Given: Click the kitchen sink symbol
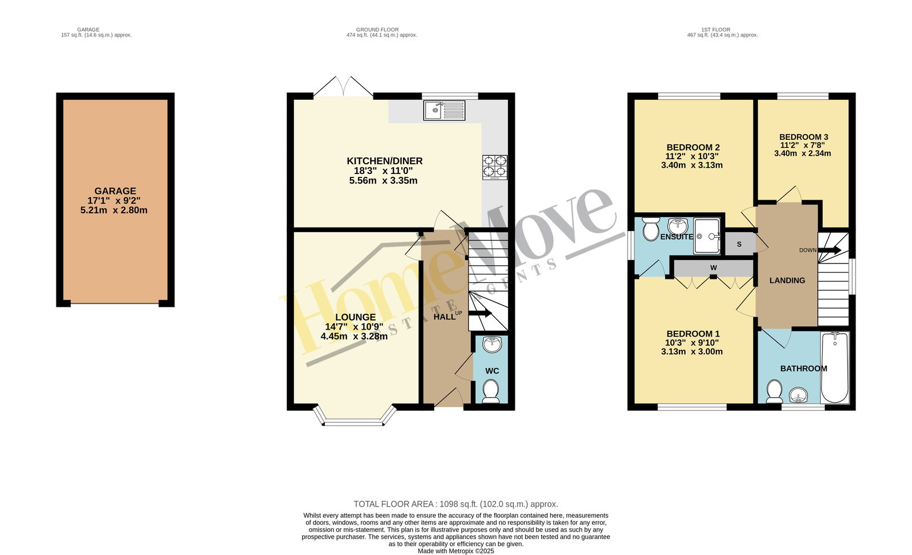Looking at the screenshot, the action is [444, 111].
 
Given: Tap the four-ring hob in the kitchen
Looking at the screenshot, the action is [495, 168].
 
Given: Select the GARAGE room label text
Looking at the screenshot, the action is [115, 191].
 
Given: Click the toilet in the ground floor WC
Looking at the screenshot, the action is [491, 391].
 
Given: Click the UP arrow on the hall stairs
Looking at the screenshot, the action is [480, 313].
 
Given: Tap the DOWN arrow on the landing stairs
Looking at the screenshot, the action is [829, 250].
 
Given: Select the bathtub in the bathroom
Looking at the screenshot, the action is [834, 367].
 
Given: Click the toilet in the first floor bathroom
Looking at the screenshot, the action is [774, 391].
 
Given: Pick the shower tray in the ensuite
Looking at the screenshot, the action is [707, 236].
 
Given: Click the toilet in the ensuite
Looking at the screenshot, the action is [650, 229].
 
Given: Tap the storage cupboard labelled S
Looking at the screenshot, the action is [739, 244].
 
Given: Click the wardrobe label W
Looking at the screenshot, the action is [713, 268].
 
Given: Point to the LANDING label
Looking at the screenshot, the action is [787, 281].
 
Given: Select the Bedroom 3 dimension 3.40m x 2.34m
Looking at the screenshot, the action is [802, 153].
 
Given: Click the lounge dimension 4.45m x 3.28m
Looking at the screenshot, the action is [354, 337].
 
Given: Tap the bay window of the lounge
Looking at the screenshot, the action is [354, 415].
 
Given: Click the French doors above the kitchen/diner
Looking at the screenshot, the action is [343, 86].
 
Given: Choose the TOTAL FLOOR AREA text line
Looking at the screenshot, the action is [455, 504].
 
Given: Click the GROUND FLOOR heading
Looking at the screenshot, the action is [377, 30].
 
